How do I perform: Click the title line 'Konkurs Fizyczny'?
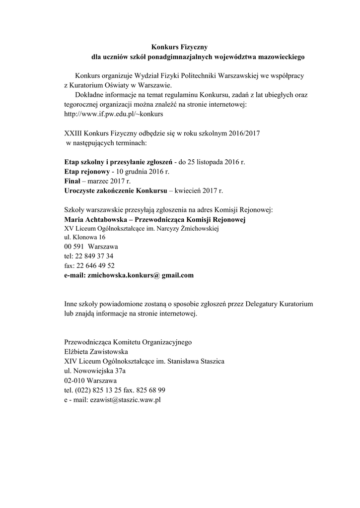(176, 47)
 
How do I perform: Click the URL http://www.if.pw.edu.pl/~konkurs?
(114, 114)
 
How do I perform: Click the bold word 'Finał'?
(73, 181)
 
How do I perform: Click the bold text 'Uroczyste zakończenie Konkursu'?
(117, 190)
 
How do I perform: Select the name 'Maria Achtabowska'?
(94, 219)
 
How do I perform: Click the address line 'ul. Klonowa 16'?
(85, 238)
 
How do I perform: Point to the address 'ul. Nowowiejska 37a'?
(95, 371)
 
